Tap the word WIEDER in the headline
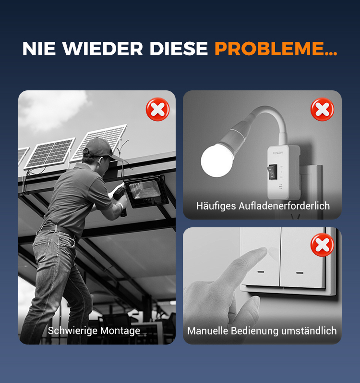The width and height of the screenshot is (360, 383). click(x=102, y=49)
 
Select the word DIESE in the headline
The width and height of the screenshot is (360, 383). click(x=179, y=49)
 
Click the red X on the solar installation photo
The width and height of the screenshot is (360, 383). click(x=157, y=109)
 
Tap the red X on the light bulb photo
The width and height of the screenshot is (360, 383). click(x=322, y=109)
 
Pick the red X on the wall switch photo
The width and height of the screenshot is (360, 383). click(x=322, y=245)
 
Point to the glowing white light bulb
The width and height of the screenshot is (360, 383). click(x=216, y=160)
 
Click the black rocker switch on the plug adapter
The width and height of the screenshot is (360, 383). click(x=272, y=172)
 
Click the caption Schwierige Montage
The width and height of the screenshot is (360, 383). click(x=94, y=331)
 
